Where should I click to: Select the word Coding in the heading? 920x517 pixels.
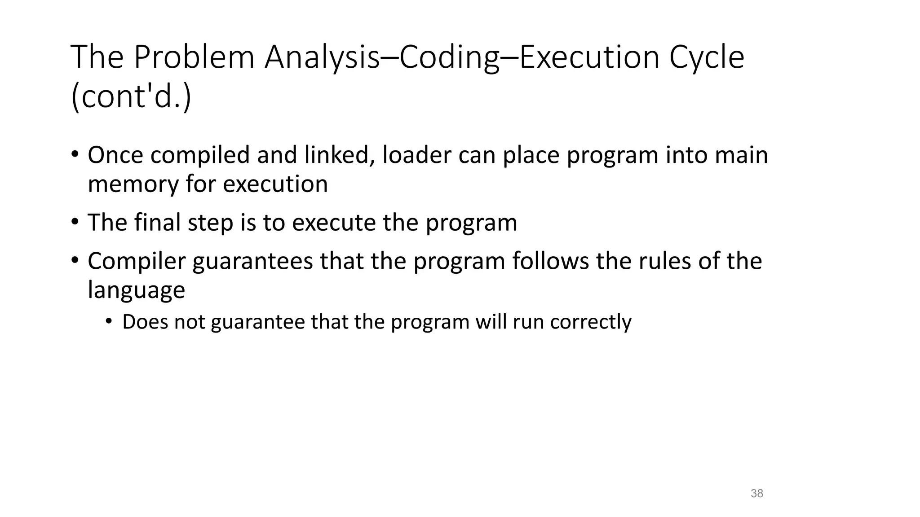click(x=449, y=57)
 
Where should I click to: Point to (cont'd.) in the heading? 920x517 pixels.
click(x=131, y=97)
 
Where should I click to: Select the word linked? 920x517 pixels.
click(x=339, y=155)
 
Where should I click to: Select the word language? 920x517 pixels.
click(x=136, y=290)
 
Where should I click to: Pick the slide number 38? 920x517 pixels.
click(x=757, y=494)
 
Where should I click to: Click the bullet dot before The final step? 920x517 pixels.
click(x=75, y=222)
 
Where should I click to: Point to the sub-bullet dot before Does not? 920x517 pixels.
click(x=108, y=321)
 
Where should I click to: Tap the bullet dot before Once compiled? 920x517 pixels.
click(x=75, y=154)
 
